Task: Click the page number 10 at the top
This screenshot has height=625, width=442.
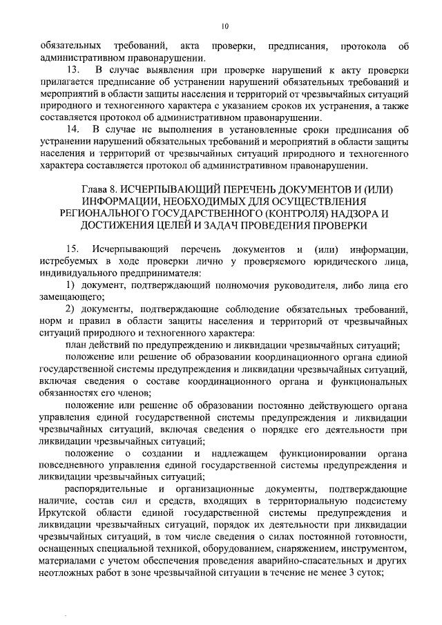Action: point(224,26)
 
